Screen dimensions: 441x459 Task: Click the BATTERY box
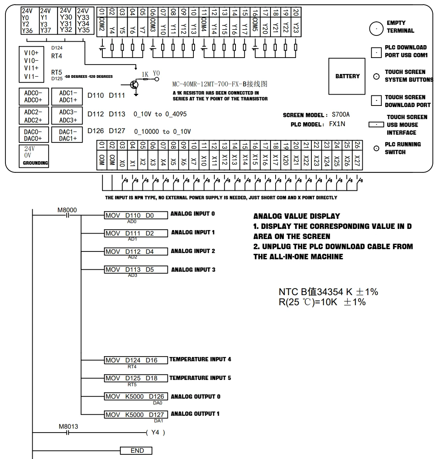(x=347, y=76)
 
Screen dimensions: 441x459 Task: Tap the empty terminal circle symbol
(x=376, y=29)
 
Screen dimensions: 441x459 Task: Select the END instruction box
(x=136, y=450)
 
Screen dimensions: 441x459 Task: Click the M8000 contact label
(x=67, y=210)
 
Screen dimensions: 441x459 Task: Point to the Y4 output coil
(x=155, y=433)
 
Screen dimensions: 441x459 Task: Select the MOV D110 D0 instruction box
(x=136, y=215)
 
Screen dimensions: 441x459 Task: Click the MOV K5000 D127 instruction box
(x=136, y=415)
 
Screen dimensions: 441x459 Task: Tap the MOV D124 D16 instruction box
(x=136, y=360)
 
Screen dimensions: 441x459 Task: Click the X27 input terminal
(x=357, y=160)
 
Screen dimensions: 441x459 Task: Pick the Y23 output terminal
(x=296, y=27)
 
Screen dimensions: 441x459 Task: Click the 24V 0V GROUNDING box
(x=34, y=156)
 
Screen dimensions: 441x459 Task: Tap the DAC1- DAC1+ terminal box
(x=67, y=135)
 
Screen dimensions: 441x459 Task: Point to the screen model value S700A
(x=341, y=114)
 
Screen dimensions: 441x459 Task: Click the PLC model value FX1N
(x=337, y=124)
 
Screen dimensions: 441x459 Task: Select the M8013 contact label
(x=69, y=427)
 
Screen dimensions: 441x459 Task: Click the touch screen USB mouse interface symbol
(x=376, y=125)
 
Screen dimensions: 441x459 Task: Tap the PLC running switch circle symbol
(x=376, y=148)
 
